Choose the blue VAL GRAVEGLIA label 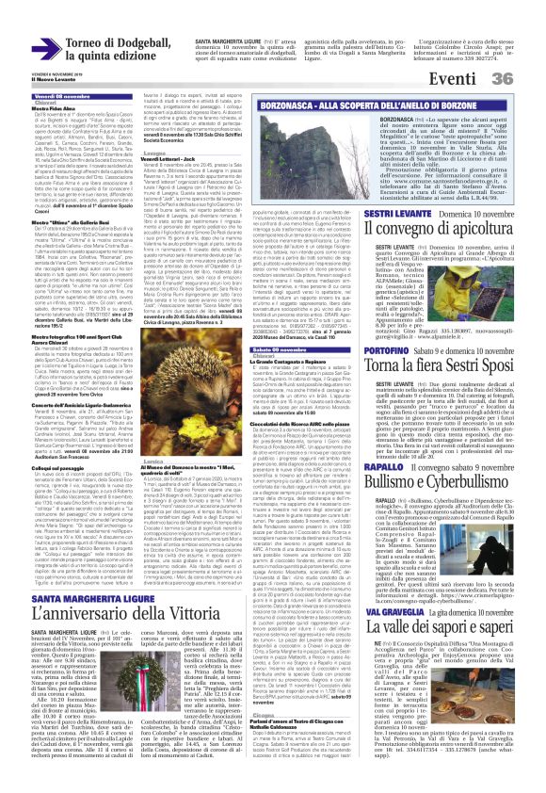(368, 637)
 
